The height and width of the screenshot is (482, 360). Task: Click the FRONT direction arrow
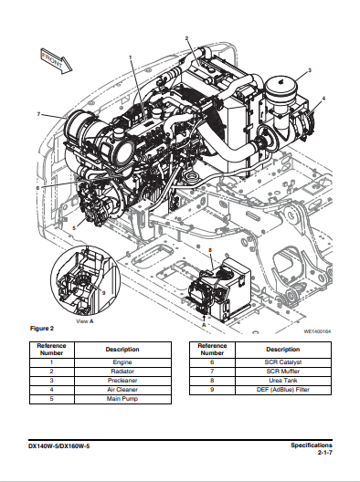click(x=57, y=61)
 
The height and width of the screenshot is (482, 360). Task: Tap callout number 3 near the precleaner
click(x=310, y=70)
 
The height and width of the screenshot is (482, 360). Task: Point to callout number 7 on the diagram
click(x=38, y=114)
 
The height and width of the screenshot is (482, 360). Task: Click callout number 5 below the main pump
click(x=74, y=228)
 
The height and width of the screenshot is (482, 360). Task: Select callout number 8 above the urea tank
click(x=210, y=250)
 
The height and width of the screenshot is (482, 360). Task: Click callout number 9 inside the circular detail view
click(x=103, y=293)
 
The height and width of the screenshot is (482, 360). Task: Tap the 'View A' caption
click(x=85, y=321)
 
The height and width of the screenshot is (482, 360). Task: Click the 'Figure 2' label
click(x=42, y=329)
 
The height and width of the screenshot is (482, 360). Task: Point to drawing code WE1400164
click(x=317, y=331)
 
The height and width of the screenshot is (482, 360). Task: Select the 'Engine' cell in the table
click(x=122, y=362)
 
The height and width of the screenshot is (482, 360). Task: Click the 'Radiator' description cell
click(x=122, y=372)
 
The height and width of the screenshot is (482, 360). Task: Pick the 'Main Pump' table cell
click(x=122, y=399)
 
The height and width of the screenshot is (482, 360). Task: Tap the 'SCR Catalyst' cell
click(x=283, y=362)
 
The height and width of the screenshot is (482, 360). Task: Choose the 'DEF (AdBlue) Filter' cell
click(x=283, y=390)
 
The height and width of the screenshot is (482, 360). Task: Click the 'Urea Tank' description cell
click(x=283, y=381)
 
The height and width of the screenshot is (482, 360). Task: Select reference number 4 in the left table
click(x=51, y=390)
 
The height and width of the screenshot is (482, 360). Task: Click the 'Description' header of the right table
click(x=283, y=350)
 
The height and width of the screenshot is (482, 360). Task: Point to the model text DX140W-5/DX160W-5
click(x=59, y=446)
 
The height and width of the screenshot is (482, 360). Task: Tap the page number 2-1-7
click(x=325, y=453)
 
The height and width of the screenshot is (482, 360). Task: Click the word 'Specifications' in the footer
click(x=312, y=445)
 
